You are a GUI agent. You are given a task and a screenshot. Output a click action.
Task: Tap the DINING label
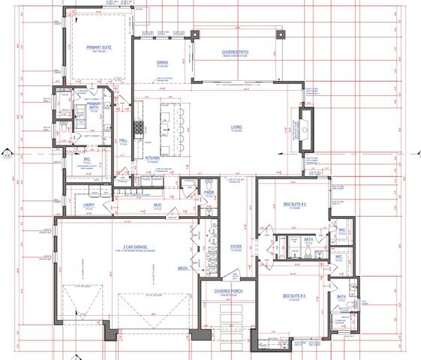(162, 62)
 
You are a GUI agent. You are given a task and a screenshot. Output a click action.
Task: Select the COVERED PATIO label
(236, 52)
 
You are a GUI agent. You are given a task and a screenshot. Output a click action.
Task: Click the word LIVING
(236, 127)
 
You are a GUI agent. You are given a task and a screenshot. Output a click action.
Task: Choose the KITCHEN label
(153, 158)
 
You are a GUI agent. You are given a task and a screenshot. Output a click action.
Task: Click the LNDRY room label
(88, 204)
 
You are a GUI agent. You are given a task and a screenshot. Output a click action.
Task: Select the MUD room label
(158, 204)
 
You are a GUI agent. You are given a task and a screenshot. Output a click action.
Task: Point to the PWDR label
(210, 192)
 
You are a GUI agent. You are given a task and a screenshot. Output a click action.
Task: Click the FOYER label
(235, 246)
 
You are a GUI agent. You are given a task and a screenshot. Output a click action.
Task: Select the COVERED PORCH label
(226, 290)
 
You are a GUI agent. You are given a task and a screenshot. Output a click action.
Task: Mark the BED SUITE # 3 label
(293, 296)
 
